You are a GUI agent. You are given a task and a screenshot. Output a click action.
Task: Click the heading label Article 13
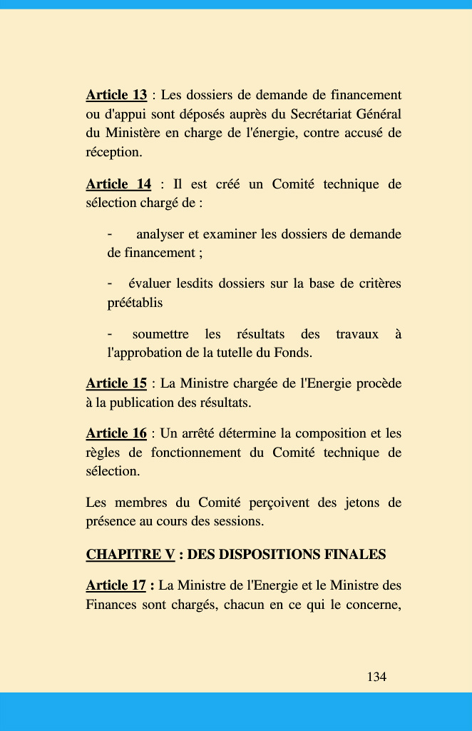[116, 95]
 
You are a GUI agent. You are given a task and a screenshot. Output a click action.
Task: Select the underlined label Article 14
[118, 184]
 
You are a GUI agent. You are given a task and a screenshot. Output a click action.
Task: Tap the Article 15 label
[116, 383]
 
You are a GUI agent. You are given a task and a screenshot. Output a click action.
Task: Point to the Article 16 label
[116, 433]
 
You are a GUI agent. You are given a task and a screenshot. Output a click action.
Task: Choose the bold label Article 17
[116, 585]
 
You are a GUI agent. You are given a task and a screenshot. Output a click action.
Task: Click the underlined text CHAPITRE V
[130, 555]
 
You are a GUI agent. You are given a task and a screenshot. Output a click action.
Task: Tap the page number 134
[376, 677]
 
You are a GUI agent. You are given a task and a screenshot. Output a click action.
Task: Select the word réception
[113, 152]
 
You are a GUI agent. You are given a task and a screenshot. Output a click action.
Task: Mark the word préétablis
[135, 303]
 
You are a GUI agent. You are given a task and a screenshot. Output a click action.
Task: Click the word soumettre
[160, 334]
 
